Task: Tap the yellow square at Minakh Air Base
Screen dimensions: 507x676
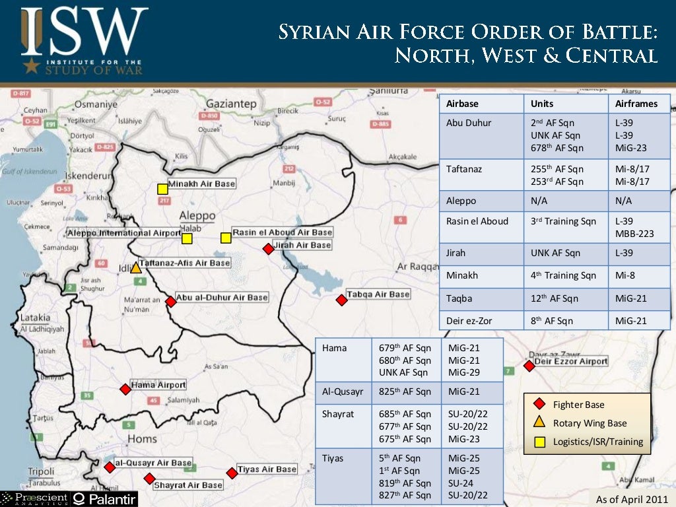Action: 162,189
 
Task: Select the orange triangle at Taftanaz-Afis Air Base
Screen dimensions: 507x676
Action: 135,268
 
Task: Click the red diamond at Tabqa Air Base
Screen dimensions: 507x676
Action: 341,300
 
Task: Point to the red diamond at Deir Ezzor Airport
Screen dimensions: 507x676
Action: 529,366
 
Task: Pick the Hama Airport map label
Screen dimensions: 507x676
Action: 158,385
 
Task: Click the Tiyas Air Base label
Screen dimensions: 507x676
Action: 267,469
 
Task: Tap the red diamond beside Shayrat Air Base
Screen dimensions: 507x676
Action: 149,479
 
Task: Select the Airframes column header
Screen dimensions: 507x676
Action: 636,104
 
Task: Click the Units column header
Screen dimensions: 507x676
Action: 542,104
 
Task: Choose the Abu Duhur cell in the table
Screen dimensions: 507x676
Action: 469,123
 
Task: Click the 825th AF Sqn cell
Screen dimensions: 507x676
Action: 405,391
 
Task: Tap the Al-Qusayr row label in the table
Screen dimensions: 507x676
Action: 343,391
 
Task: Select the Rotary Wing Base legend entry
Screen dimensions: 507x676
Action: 590,423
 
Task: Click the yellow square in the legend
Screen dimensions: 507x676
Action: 539,442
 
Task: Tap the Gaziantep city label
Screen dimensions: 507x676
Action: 231,104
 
